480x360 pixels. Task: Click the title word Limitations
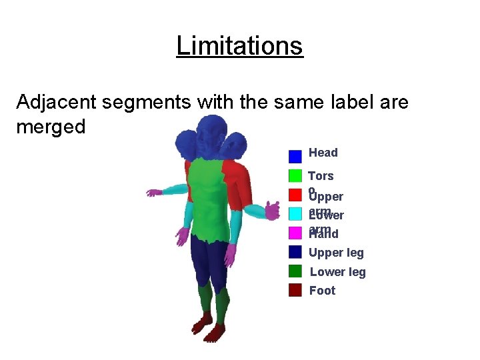239,46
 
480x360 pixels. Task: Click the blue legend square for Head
295,157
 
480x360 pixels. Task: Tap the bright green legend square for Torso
295,176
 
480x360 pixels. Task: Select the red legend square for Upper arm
295,195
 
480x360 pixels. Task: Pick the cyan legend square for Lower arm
295,214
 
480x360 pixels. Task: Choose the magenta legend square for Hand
295,233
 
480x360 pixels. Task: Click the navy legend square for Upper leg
295,252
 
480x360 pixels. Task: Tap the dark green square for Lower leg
295,271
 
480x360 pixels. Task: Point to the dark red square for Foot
295,290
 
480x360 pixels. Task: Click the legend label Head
323,153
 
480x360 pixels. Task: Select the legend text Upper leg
336,253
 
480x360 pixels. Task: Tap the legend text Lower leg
338,272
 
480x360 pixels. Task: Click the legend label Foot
322,291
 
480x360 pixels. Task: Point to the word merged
51,127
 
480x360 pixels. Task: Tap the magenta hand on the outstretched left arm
154,193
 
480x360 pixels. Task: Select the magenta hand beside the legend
271,211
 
